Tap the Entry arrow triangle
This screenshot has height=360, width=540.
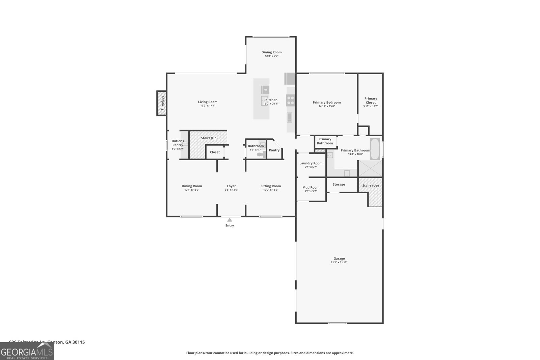coord(230,220)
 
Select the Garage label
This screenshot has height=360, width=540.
coord(339,258)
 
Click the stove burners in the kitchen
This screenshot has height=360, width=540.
coord(290,100)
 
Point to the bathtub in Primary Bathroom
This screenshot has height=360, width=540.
coord(375,149)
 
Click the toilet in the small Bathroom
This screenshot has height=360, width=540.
coord(261,155)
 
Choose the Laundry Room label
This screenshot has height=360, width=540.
coord(310,163)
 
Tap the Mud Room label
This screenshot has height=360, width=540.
coord(310,188)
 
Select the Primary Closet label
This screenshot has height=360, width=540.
coord(371,101)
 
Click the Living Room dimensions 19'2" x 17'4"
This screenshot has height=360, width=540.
coord(208,106)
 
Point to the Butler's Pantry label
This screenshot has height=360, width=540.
coord(178,143)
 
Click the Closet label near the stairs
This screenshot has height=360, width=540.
coord(215,152)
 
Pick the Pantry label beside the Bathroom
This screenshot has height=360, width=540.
coord(274,150)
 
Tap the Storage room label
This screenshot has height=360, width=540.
coord(339,185)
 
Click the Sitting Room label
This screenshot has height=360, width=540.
coord(270,186)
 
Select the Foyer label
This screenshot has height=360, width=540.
coord(231,186)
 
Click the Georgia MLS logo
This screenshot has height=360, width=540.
coord(27,351)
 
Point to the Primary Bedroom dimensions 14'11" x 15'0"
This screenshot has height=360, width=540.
coord(326,106)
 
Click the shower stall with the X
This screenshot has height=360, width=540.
coord(370,169)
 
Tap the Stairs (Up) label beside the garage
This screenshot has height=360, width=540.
coord(370,186)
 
